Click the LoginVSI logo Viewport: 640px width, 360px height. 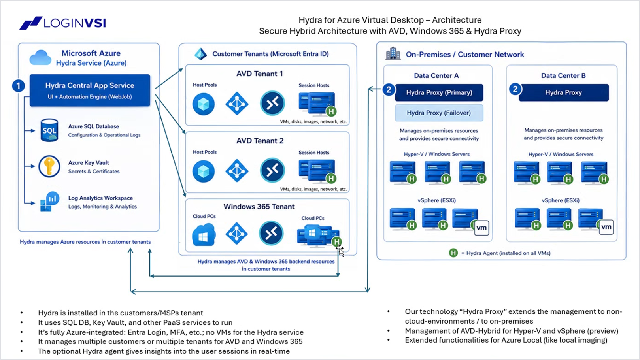[62, 23]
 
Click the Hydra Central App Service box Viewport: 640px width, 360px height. [90, 90]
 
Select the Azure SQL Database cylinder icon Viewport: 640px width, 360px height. [49, 130]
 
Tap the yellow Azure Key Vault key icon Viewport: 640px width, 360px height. [49, 166]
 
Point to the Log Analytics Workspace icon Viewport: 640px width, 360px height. [50, 202]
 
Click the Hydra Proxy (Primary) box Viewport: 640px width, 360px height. [439, 92]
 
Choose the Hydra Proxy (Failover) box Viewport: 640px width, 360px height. [439, 113]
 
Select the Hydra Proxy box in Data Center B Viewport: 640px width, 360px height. [563, 92]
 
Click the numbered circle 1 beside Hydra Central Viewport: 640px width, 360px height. [19, 86]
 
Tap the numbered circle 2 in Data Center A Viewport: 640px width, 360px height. [389, 90]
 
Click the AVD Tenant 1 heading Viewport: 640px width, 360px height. [259, 74]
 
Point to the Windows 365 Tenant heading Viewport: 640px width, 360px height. [259, 207]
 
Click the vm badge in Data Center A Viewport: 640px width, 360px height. [481, 228]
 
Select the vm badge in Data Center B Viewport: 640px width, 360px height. [606, 227]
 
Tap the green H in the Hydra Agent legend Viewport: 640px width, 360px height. [453, 253]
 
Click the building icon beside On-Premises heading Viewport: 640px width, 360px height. [393, 53]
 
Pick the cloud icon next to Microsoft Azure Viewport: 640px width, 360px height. [40, 57]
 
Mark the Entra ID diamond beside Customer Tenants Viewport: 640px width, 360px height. [200, 54]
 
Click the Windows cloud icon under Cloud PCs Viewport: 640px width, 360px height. [204, 235]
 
